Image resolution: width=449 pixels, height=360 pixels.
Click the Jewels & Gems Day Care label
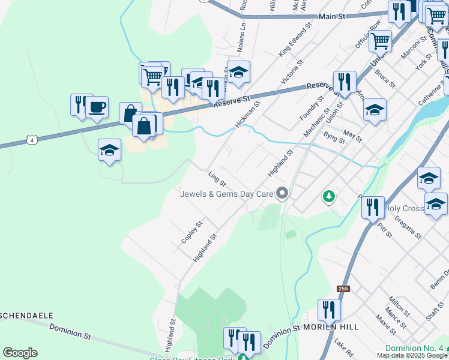click(x=227, y=193)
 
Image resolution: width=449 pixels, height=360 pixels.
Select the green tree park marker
click(x=328, y=196)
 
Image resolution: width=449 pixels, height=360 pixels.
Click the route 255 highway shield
click(x=343, y=289)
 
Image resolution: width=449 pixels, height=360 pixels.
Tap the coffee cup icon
click(x=97, y=107)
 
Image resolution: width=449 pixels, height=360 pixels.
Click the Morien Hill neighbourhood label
click(x=331, y=327)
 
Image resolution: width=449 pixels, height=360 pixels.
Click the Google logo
click(x=20, y=353)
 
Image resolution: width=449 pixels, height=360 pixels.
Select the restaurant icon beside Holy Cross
click(x=373, y=207)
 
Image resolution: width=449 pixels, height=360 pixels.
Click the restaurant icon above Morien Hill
click(x=328, y=310)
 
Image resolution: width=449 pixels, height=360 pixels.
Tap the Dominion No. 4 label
click(x=414, y=348)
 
